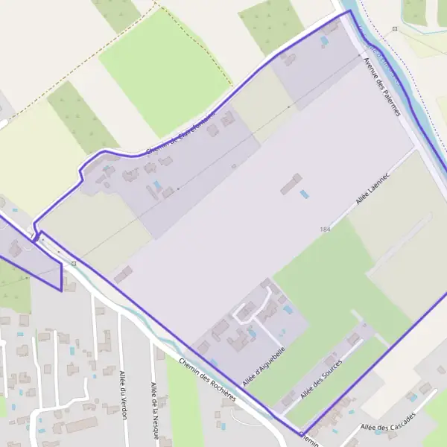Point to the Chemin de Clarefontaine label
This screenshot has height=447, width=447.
coord(181,134)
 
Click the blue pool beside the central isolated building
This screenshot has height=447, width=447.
coord(303,194)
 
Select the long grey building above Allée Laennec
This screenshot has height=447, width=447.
coord(291,183)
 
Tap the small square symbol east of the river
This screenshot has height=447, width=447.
coord(395,29)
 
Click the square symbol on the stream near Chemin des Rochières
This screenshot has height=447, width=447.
coord(73,262)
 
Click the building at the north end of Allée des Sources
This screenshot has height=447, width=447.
coord(353,339)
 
